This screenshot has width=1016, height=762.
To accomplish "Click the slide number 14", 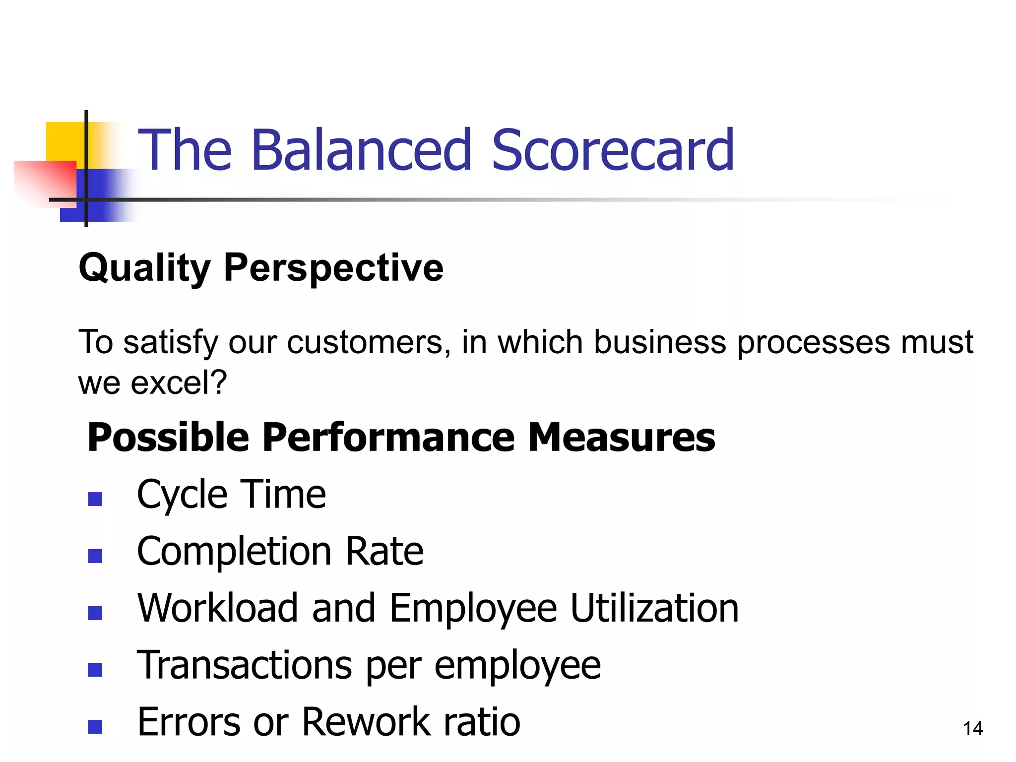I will [973, 728].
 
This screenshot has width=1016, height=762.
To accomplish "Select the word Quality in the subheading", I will [145, 268].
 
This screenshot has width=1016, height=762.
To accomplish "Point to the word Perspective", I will [333, 268].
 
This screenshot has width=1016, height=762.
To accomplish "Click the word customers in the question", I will [365, 342].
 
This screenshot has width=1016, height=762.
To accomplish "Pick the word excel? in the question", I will [179, 382].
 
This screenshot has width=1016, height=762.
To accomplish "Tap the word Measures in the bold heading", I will [621, 438].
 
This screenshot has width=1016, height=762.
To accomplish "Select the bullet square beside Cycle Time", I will [95, 499].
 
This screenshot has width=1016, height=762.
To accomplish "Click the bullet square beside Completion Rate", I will [95, 556].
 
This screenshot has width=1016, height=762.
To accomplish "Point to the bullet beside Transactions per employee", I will [95, 670].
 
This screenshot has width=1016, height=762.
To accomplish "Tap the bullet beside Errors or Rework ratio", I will [95, 727].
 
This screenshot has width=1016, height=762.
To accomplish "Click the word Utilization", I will [654, 608].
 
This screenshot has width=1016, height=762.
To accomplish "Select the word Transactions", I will [245, 665].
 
